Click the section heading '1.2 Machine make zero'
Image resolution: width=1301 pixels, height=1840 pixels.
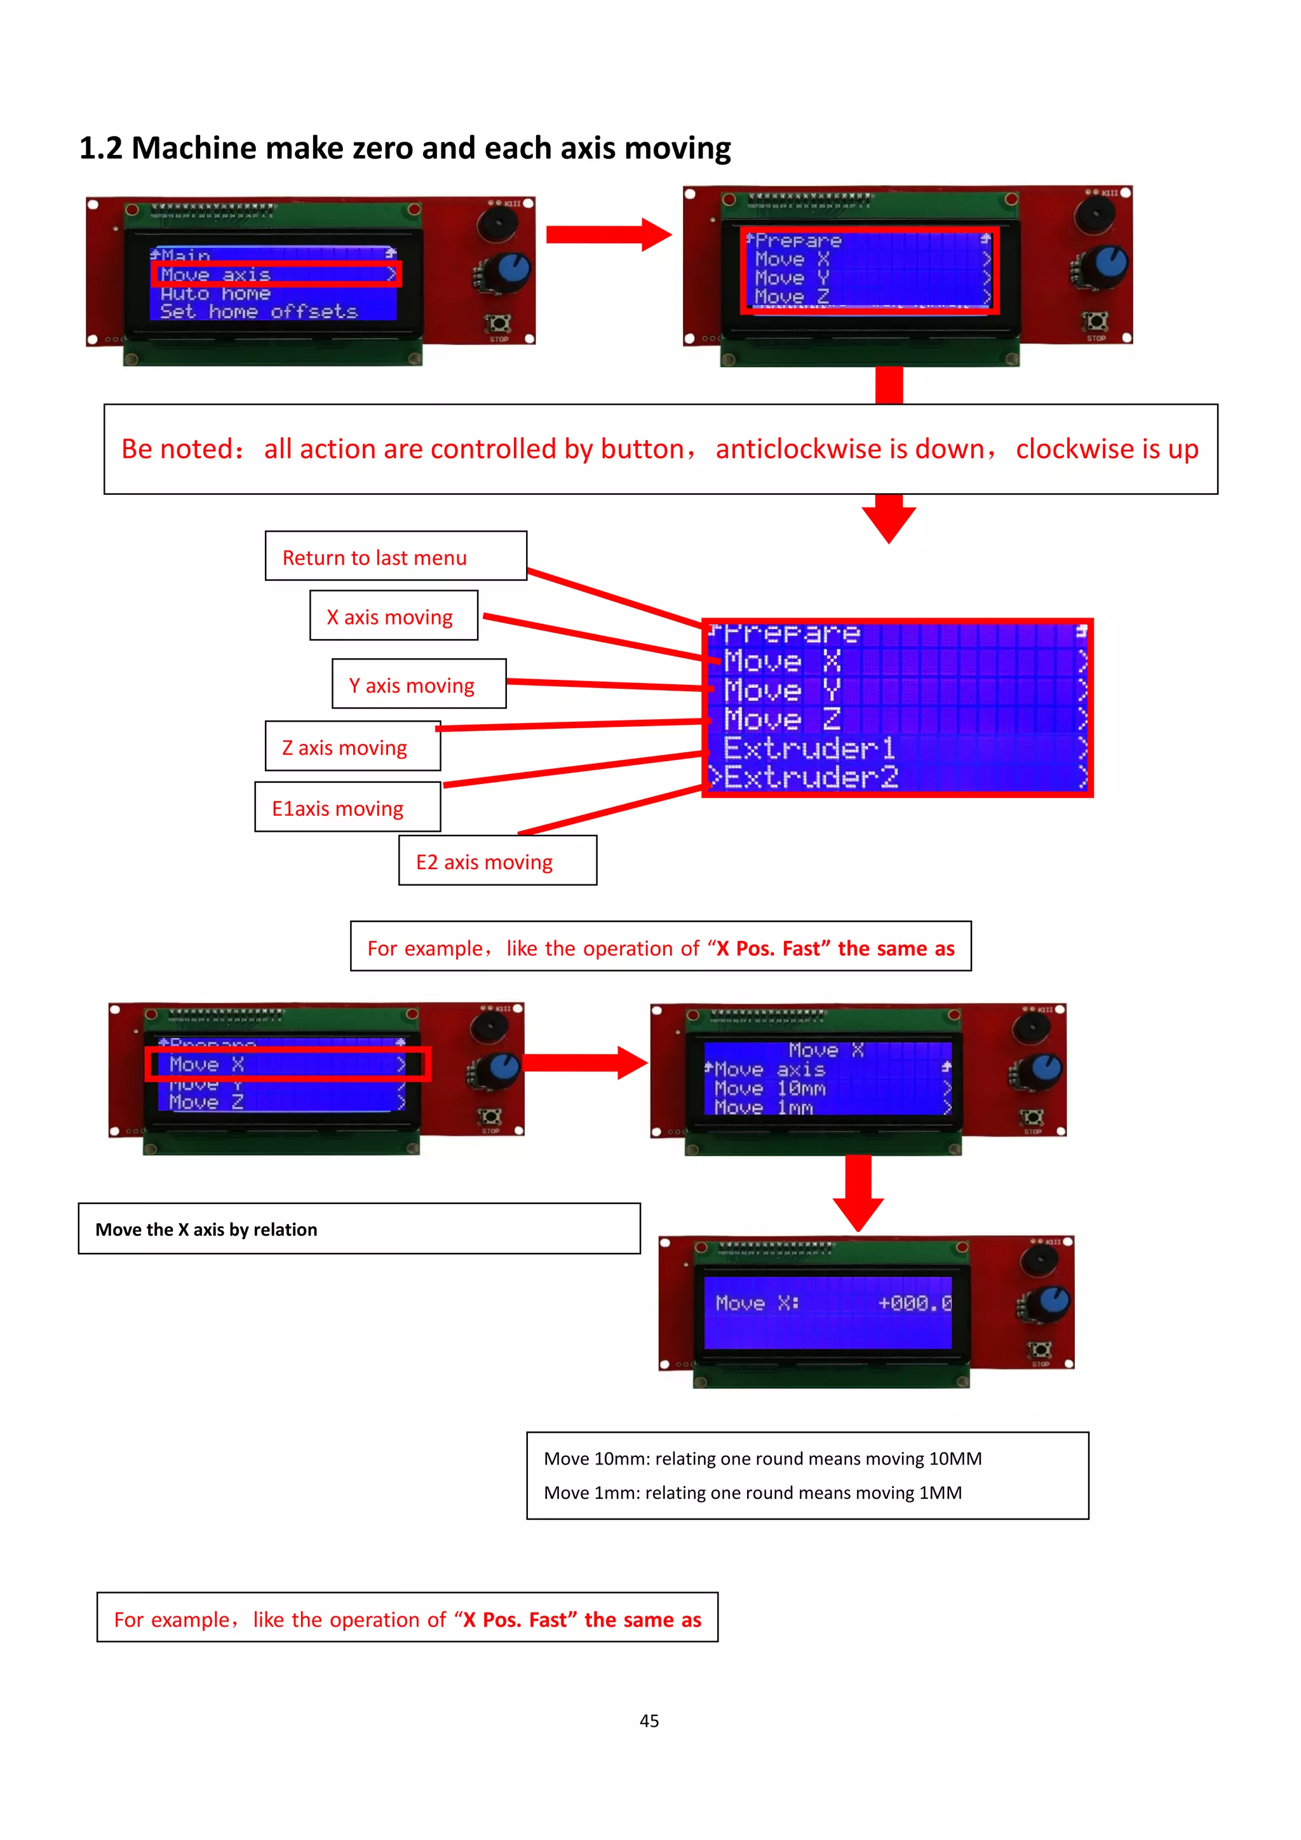point(405,148)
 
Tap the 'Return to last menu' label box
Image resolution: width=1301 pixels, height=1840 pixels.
point(396,556)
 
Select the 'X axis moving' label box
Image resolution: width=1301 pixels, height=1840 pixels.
point(393,616)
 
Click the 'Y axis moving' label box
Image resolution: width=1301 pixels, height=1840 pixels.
point(418,684)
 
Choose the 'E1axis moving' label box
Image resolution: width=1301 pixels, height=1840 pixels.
point(347,808)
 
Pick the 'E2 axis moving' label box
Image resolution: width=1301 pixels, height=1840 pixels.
point(497,862)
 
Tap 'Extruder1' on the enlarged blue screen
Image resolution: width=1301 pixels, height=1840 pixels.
point(809,748)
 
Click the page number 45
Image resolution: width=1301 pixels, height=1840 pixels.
point(649,1721)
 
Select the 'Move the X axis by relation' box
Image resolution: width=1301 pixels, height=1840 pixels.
point(359,1229)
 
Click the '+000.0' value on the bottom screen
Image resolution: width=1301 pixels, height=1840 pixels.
point(914,1303)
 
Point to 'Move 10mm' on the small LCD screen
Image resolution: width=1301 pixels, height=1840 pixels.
point(769,1088)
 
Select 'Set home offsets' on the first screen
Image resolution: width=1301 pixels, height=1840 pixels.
point(259,312)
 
